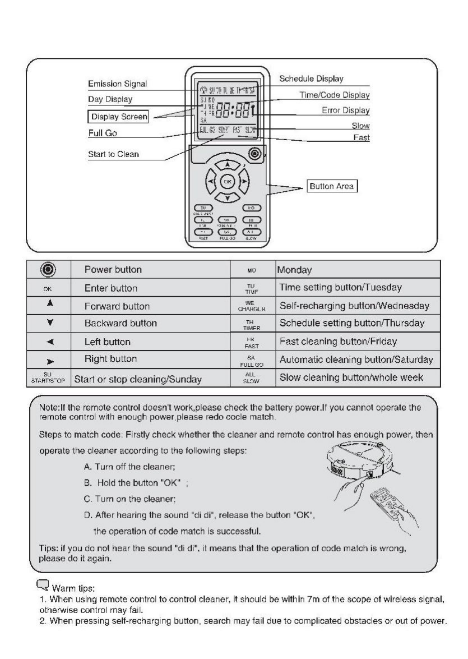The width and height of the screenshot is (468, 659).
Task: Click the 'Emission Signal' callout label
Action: pos(117,84)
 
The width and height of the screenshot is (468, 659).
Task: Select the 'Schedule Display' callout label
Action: pos(311,79)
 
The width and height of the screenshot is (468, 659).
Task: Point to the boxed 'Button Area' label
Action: pos(332,187)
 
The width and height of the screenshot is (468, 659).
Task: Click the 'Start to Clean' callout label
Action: pos(113,155)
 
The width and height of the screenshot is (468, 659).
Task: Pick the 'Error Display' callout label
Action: pos(345,111)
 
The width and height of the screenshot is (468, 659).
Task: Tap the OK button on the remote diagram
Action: pos(227,182)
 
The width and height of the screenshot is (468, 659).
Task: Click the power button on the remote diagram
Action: pos(256,153)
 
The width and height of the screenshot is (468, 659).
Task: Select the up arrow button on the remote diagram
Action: pos(227,164)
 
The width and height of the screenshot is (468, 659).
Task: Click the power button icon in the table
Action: pos(48,269)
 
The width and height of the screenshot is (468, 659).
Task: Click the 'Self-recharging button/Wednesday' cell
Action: pos(353,306)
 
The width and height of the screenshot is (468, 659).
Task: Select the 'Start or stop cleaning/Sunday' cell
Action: pos(138,379)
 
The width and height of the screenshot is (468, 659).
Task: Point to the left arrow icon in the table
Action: pos(48,342)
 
